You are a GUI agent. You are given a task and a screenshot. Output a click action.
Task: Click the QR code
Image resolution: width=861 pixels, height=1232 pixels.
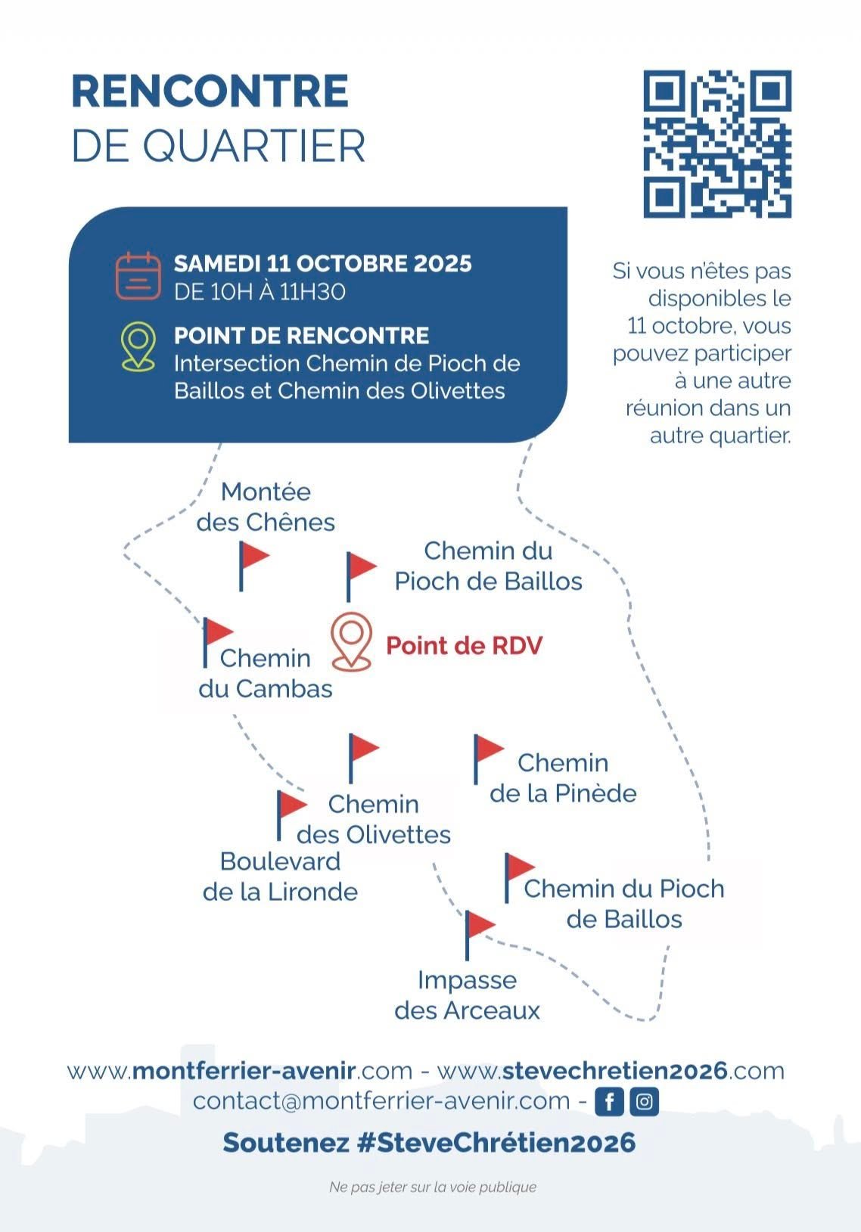[717, 144]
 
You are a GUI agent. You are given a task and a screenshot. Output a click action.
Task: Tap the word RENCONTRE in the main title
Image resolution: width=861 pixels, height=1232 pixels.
[210, 92]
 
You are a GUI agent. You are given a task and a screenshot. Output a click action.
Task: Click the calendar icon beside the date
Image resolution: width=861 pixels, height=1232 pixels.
[138, 275]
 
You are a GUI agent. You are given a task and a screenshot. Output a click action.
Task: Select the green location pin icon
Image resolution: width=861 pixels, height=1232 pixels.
[138, 346]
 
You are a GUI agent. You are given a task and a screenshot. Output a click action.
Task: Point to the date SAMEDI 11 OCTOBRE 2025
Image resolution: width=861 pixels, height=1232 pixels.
[323, 263]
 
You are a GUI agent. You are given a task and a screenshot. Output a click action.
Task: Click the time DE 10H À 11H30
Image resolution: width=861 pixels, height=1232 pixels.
[260, 291]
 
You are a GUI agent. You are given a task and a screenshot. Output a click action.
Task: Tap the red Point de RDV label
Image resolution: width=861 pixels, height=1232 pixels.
[465, 645]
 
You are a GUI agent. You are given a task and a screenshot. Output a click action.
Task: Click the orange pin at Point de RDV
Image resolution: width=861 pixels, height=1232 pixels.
[352, 642]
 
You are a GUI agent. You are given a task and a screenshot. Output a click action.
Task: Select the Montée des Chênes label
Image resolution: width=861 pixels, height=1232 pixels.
[266, 507]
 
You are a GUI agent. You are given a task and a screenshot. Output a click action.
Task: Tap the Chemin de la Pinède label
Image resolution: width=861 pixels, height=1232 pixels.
[563, 777]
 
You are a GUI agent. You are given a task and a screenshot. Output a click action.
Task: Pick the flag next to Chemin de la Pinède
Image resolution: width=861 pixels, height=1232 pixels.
[489, 759]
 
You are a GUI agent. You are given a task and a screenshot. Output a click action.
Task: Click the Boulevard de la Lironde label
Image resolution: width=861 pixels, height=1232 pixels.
[280, 877]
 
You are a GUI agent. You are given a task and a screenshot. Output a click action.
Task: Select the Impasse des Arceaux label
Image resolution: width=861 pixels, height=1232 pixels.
[467, 995]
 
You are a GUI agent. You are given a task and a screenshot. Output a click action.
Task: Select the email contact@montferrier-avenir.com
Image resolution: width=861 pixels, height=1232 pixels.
[381, 1101]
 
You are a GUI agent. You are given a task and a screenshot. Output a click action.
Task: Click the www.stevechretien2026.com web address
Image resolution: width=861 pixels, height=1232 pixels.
[611, 1071]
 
